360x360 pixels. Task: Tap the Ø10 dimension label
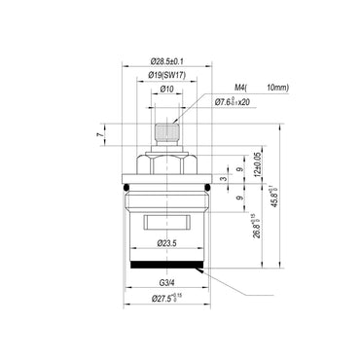167,89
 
